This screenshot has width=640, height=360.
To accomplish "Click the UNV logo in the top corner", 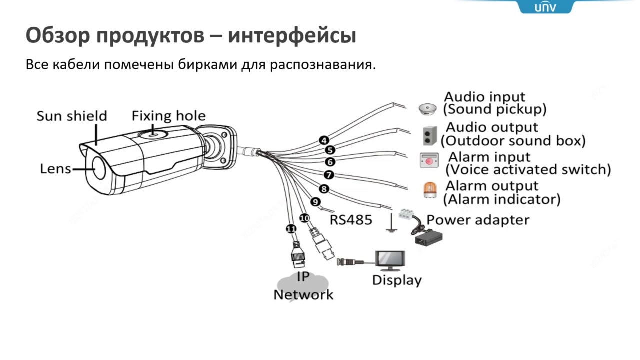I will click(545, 7).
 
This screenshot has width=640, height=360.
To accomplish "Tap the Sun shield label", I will click(72, 116).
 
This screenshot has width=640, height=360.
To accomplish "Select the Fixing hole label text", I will click(168, 116).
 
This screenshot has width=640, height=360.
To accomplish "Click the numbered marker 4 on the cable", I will click(324, 140).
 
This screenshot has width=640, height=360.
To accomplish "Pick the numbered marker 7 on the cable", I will click(328, 175).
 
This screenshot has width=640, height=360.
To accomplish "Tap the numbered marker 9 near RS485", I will click(315, 202).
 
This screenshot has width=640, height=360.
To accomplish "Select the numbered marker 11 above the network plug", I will click(291, 229).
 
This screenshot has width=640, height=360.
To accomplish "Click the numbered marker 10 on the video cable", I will click(304, 218).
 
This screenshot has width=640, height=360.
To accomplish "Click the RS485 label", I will click(351, 220).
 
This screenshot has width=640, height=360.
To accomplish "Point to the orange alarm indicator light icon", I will click(429, 190).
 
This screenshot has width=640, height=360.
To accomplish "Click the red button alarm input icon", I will click(429, 160).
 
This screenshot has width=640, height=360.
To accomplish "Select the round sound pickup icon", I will click(428, 108).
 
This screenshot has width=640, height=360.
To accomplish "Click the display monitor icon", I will click(391, 259).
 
